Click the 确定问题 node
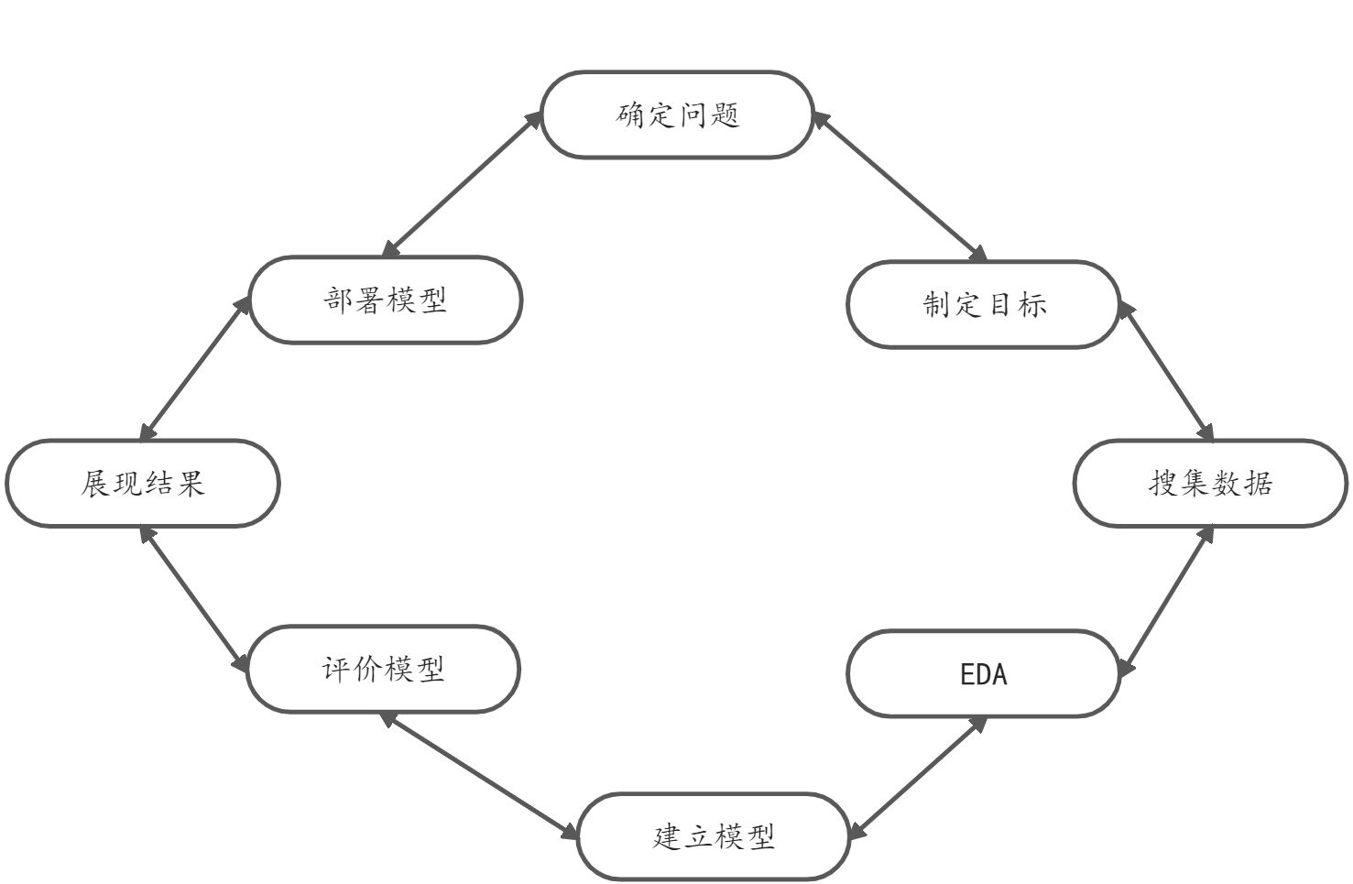[x=677, y=115]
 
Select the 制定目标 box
[x=983, y=304]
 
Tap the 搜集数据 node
[x=1210, y=483]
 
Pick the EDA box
[x=983, y=674]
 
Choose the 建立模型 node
[x=714, y=836]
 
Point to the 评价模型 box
[x=383, y=669]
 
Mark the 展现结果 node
[x=142, y=483]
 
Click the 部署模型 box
[x=385, y=300]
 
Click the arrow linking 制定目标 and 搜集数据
[x=1166, y=372]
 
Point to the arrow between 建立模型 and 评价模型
[x=481, y=775]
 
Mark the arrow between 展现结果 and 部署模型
[x=195, y=368]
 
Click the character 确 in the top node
[x=630, y=115]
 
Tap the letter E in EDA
[x=967, y=675]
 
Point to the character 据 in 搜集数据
[x=1259, y=483]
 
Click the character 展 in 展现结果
[x=95, y=483]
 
